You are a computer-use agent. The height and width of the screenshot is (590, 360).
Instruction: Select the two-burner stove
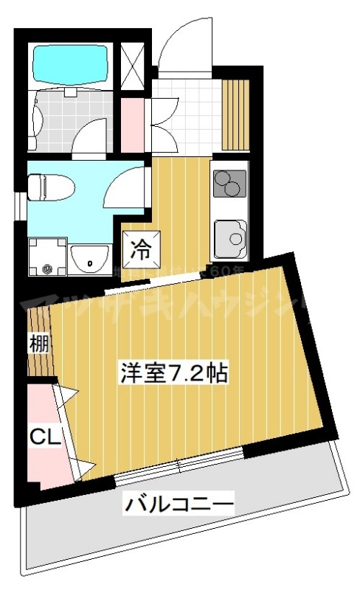pyautogui.click(x=230, y=183)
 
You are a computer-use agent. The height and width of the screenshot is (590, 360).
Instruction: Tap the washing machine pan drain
pyautogui.click(x=48, y=268)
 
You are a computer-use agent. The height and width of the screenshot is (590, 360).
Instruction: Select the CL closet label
pyautogui.click(x=41, y=437)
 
